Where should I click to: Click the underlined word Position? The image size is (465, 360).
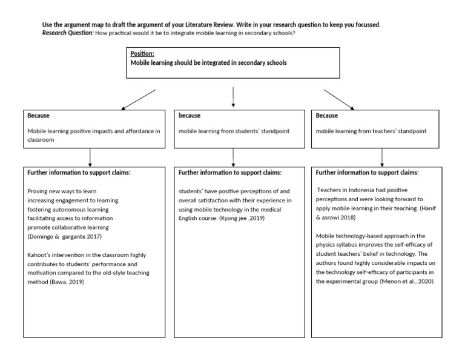[143, 54]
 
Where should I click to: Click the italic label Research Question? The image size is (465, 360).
[67, 33]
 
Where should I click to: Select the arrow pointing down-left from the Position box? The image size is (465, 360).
[139, 99]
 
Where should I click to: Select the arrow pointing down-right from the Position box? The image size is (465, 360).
[339, 99]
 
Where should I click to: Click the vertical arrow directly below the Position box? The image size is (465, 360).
[233, 98]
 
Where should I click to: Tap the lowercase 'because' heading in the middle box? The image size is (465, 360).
[190, 115]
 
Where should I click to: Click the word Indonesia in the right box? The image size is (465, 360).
[356, 190]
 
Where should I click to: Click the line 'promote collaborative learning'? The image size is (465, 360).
[68, 227]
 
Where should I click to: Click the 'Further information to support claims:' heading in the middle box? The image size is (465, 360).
[229, 173]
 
